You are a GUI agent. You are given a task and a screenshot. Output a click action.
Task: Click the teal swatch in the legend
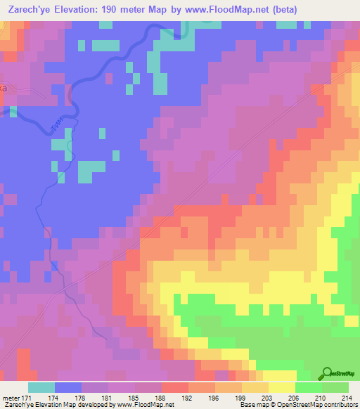41,387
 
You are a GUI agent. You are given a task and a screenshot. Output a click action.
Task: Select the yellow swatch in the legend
282,387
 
